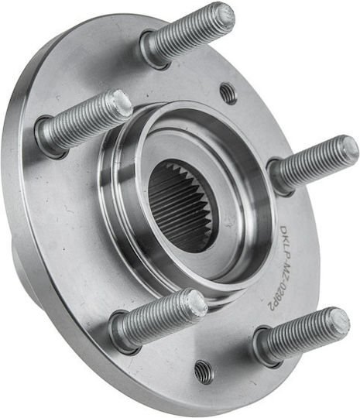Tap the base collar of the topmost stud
point(155,50)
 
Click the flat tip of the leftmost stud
point(122,104)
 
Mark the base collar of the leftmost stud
point(50,137)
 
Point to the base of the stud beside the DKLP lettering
point(281,176)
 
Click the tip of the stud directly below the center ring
point(197,302)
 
